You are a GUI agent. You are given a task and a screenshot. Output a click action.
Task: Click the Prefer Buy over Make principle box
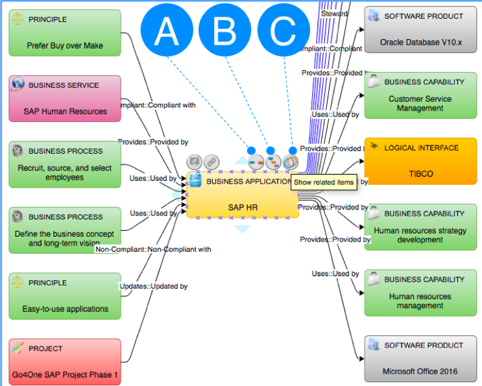tap(65, 33)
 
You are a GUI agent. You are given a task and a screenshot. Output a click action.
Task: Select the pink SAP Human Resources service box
tap(65, 99)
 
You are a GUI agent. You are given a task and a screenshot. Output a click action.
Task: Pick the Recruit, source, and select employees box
tap(65, 165)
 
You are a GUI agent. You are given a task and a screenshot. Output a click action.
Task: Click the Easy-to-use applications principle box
tap(65, 296)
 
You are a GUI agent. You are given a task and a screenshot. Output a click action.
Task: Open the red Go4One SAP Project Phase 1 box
tap(65, 362)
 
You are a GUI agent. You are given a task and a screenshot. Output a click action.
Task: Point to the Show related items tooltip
tap(324, 182)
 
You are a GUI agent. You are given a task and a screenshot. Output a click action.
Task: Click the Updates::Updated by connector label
tap(154, 286)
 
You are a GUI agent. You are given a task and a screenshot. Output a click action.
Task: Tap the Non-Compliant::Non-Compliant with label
tap(153, 249)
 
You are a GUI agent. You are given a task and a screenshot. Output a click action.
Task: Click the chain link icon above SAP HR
tap(211, 162)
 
